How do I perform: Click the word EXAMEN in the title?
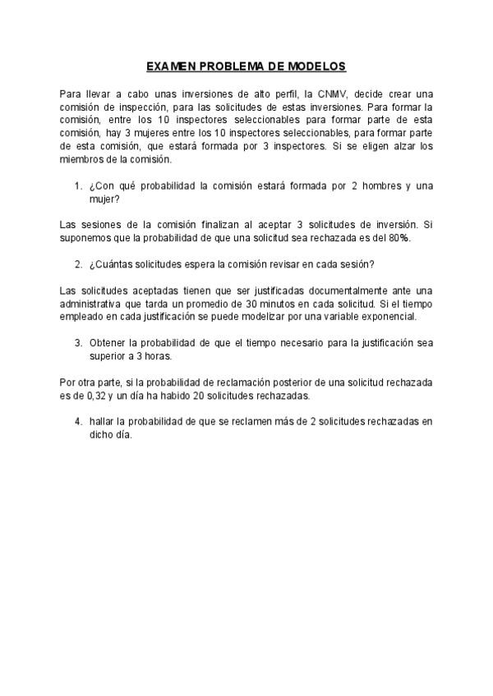click(170, 66)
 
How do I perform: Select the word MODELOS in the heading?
click(317, 66)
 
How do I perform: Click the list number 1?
click(78, 186)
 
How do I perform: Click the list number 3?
click(78, 342)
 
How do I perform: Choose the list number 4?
click(78, 422)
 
